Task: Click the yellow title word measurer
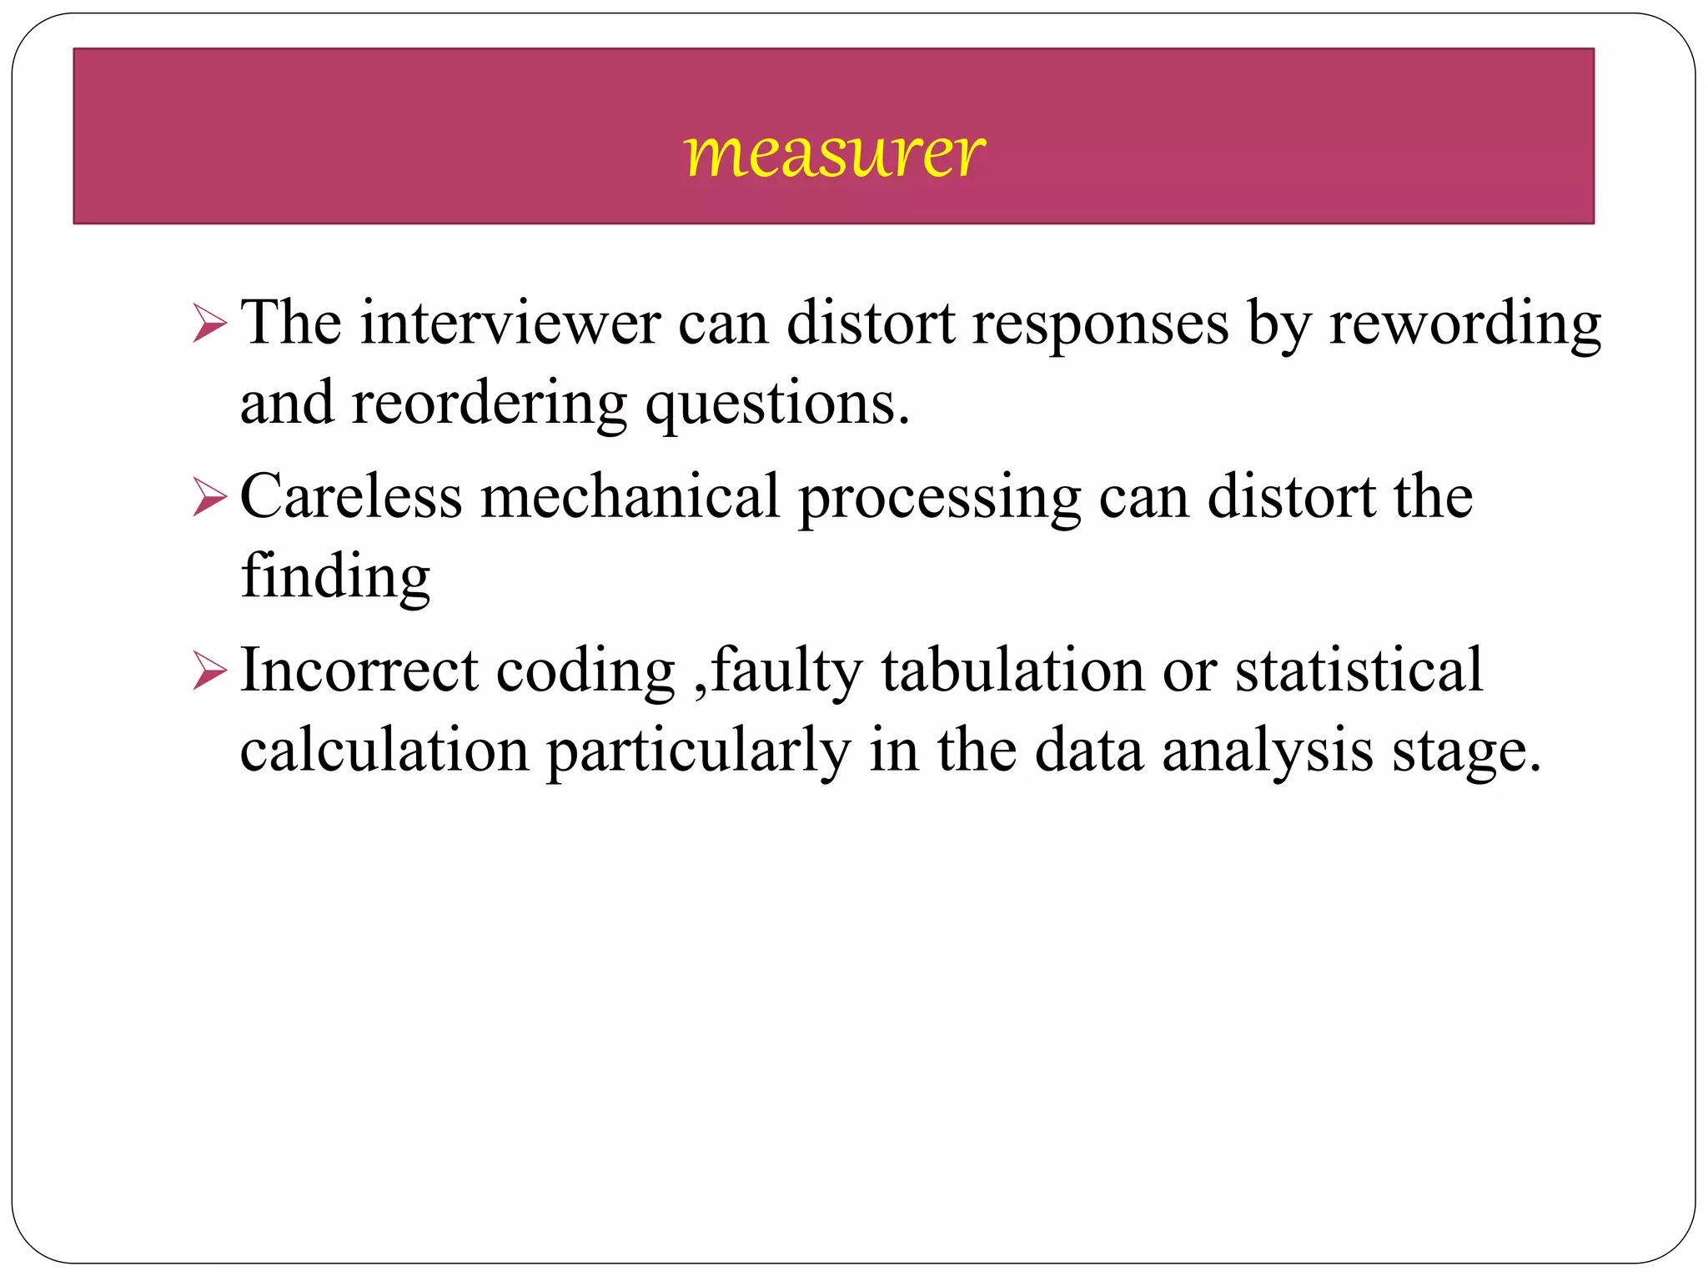click(834, 154)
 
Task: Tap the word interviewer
click(510, 324)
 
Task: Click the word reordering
click(489, 404)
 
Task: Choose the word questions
click(776, 404)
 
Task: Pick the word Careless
click(351, 497)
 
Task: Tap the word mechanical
click(630, 497)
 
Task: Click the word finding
click(335, 578)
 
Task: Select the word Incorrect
click(359, 671)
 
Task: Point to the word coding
click(585, 672)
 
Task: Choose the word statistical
click(1359, 671)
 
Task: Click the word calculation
click(384, 751)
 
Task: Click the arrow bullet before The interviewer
click(209, 324)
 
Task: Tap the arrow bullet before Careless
click(209, 497)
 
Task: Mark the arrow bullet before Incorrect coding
click(209, 671)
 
